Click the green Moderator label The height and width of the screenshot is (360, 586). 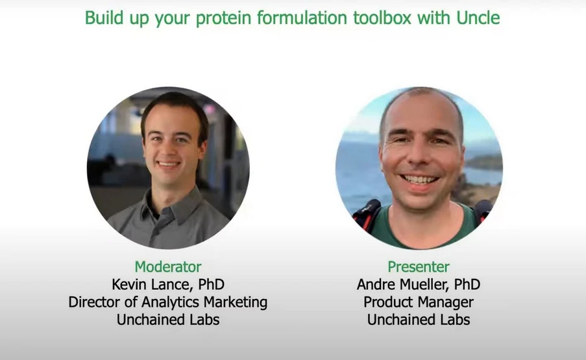168,267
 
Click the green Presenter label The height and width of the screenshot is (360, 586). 419,267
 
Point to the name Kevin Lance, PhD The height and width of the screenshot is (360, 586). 168,284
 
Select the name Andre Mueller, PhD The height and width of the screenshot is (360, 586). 419,284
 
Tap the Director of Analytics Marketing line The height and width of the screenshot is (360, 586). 168,302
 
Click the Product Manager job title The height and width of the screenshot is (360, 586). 419,302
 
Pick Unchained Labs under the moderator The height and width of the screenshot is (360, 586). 168,319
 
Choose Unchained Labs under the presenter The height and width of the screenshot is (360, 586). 419,319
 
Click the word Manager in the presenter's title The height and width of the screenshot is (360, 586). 446,302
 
